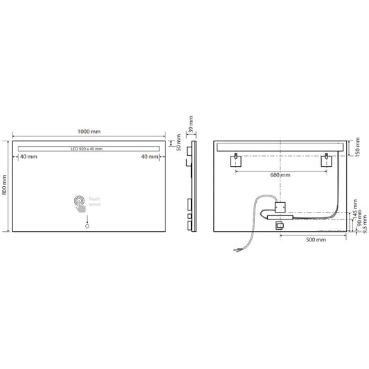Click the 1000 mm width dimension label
(89, 132)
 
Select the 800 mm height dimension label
(6, 185)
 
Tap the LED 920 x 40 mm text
(87, 149)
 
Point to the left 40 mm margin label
(29, 156)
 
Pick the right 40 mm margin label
(150, 156)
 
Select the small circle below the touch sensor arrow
(88, 225)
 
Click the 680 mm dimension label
(280, 175)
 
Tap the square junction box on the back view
(281, 206)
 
